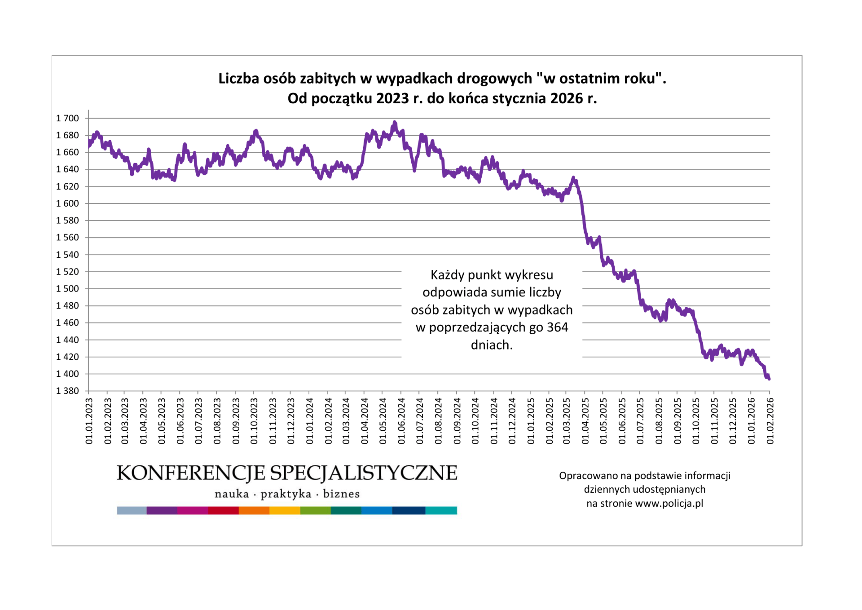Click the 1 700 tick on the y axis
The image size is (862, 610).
[x=67, y=118]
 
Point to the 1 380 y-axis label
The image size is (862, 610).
[x=67, y=391]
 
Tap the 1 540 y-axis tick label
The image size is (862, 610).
[x=67, y=255]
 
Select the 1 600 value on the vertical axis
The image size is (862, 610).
[x=67, y=203]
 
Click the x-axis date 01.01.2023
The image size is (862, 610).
[x=89, y=421]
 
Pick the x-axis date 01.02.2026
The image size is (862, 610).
[x=770, y=421]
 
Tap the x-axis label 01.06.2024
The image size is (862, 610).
[x=401, y=421]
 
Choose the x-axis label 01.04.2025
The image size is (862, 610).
[x=585, y=421]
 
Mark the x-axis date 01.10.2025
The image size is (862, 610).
[x=696, y=421]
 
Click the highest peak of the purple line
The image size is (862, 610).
[x=395, y=122]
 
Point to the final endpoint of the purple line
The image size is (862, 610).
[x=769, y=379]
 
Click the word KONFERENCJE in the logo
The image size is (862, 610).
[x=191, y=473]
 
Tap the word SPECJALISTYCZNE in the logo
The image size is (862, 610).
[x=364, y=473]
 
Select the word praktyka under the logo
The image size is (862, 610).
[x=286, y=494]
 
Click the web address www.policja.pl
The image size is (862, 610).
[x=669, y=504]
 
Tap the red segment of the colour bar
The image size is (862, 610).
[x=223, y=510]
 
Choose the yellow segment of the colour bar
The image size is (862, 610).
[x=285, y=510]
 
